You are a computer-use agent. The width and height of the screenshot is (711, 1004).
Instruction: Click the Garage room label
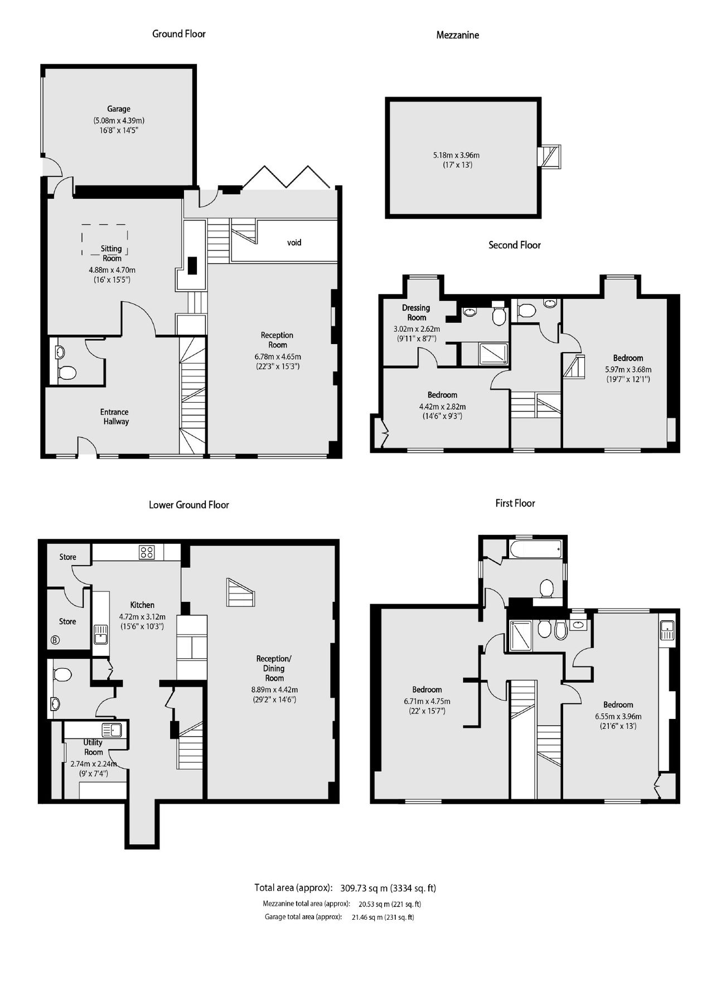[119, 109]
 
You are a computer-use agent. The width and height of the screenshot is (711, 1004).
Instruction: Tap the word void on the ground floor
[294, 243]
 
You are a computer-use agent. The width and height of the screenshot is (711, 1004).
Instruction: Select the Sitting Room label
[112, 253]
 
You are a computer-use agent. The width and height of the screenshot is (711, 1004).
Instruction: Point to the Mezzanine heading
[457, 35]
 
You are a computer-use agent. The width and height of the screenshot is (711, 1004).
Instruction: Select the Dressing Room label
[416, 312]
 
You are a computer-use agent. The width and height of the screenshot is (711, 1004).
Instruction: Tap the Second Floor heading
[514, 245]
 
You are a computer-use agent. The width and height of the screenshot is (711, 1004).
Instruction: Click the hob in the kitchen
[147, 552]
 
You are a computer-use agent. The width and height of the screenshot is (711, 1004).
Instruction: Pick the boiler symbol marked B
[55, 640]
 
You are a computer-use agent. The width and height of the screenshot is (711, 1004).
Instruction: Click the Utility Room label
[93, 747]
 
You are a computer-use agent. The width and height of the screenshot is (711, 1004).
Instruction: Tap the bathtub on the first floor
[535, 549]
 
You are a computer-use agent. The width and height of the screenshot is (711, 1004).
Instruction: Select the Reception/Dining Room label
[274, 668]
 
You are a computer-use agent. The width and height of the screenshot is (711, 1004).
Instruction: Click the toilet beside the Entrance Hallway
[67, 373]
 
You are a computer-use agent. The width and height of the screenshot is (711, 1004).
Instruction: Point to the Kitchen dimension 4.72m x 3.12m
[142, 617]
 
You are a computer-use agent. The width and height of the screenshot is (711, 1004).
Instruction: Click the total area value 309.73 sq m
[364, 888]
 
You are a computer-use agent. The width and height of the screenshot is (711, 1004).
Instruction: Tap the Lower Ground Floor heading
[188, 505]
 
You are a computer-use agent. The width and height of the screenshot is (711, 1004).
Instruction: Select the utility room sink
[112, 729]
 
